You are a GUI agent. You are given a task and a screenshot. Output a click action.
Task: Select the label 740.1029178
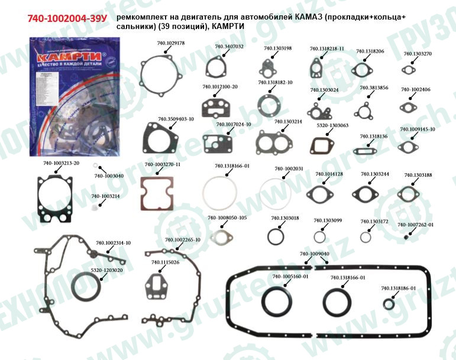pos(171,44)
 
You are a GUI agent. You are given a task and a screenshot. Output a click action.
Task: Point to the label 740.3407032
pos(229,46)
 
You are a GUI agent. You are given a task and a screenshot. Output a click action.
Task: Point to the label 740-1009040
pos(314,254)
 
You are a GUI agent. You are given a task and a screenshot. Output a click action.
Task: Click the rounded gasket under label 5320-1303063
pos(324,145)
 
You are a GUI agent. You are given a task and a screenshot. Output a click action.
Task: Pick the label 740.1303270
pos(418,54)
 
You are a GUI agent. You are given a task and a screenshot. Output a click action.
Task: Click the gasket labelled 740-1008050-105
pos(221,239)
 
